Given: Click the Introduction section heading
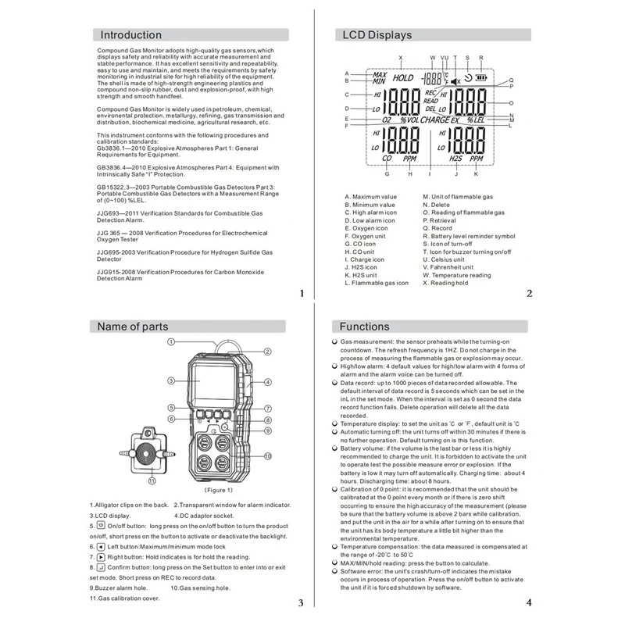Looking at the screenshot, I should pyautogui.click(x=131, y=35).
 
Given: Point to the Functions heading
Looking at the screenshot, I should pyautogui.click(x=365, y=327).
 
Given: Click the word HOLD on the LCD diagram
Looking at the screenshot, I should pyautogui.click(x=403, y=78).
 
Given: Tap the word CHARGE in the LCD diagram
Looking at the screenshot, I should pyautogui.click(x=434, y=121).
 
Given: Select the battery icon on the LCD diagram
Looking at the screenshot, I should pyautogui.click(x=480, y=78).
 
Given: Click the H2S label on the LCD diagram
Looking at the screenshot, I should pyautogui.click(x=456, y=158).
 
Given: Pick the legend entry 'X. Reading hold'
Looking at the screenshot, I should pyautogui.click(x=446, y=282).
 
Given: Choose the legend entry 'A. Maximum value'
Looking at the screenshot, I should pyautogui.click(x=371, y=197).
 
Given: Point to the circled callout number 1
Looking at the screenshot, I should pyautogui.click(x=170, y=342).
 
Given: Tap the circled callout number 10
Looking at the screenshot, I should pyautogui.click(x=267, y=455).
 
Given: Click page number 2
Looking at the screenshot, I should pyautogui.click(x=529, y=294).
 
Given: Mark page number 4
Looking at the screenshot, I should pyautogui.click(x=528, y=602).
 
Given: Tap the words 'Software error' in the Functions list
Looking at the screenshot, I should pyautogui.click(x=363, y=572).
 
